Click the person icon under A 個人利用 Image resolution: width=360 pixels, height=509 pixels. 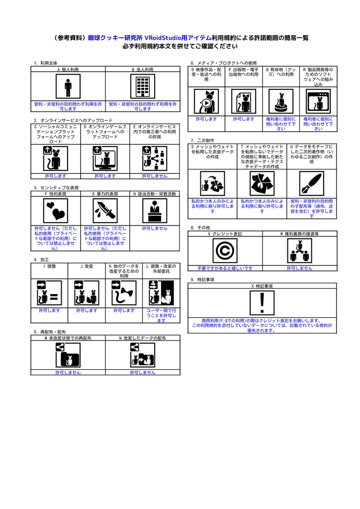[x=68, y=87]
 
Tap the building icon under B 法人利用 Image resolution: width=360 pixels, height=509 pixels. [x=142, y=87]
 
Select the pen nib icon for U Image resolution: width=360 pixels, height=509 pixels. [x=311, y=184]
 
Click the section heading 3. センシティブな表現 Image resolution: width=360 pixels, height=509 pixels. [x=56, y=187]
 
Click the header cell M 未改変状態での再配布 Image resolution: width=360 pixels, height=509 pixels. [x=68, y=338]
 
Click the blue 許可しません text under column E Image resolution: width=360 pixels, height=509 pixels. [x=155, y=176]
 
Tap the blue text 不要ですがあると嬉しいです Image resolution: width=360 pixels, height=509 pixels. [x=225, y=268]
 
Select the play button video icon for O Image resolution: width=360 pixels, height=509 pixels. [x=206, y=101]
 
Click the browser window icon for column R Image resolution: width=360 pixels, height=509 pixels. [x=318, y=101]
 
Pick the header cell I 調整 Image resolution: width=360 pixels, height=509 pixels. [x=49, y=266]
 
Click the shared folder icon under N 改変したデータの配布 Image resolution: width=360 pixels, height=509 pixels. [x=142, y=356]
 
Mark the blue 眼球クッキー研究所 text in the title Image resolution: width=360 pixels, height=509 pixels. [x=115, y=38]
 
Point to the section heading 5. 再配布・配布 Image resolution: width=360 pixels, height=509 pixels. [x=50, y=332]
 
